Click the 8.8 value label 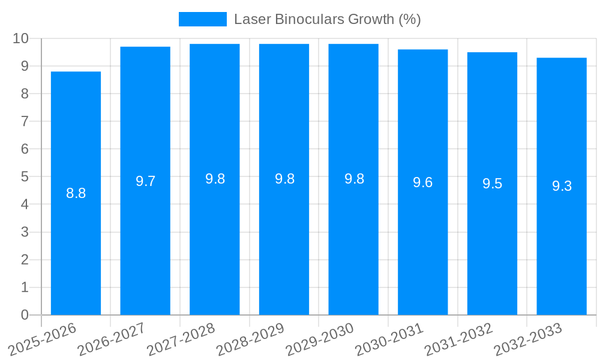point(76,193)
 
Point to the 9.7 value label point(145,181)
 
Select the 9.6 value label point(422,182)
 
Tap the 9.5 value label point(492,184)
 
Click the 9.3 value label point(562,186)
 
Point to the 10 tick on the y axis point(20,38)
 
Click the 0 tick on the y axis point(25,315)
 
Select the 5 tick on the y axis point(25,176)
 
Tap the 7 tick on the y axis point(25,121)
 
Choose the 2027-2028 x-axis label point(181,339)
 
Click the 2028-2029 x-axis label point(250,339)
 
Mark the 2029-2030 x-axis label point(319,339)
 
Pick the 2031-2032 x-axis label point(458,339)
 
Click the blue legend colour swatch point(203,19)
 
